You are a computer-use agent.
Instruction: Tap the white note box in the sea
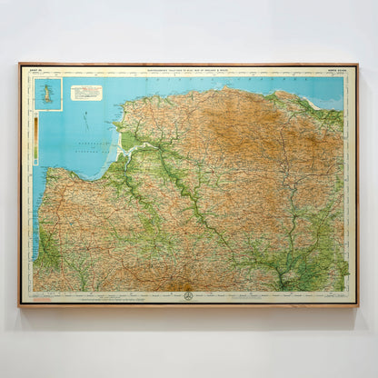click(86, 93)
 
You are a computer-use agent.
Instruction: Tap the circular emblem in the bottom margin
click(188, 296)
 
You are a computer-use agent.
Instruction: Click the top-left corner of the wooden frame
click(19, 64)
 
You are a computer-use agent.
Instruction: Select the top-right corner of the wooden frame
click(358, 64)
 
